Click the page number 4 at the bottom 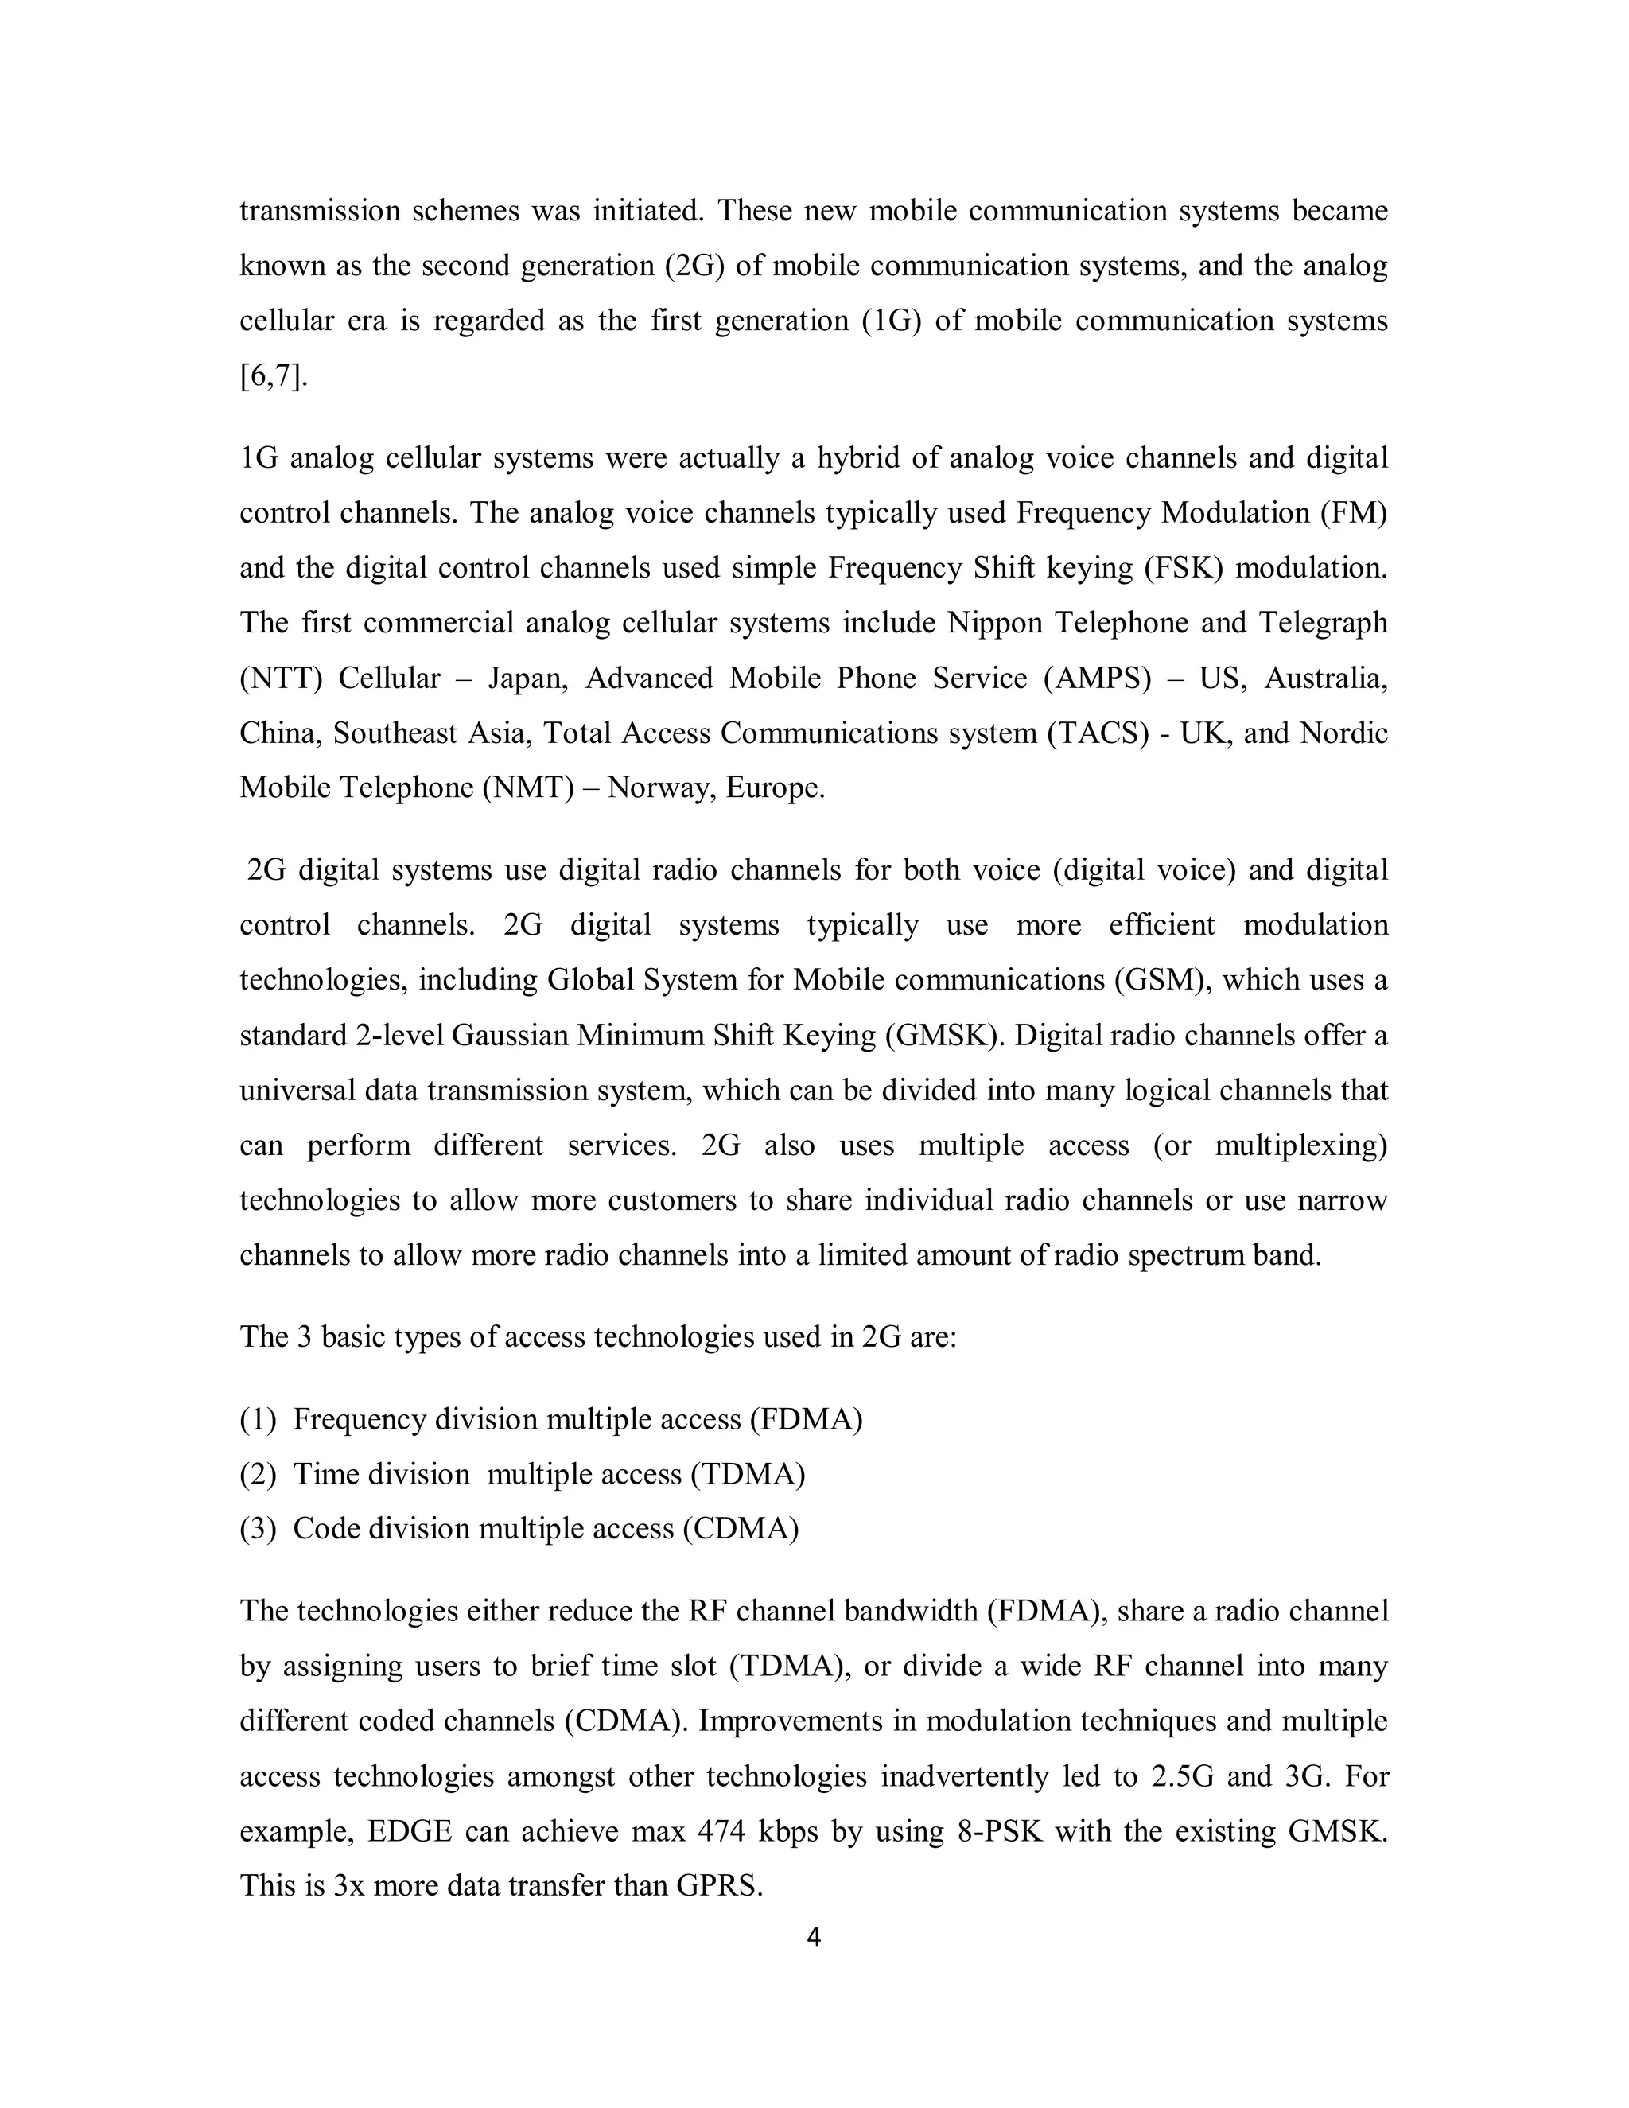coord(814,1937)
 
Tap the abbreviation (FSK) coord(1183,567)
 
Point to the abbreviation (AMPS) coord(1097,678)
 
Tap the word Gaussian coord(508,1035)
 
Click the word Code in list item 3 coord(326,1529)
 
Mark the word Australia coord(1325,678)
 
